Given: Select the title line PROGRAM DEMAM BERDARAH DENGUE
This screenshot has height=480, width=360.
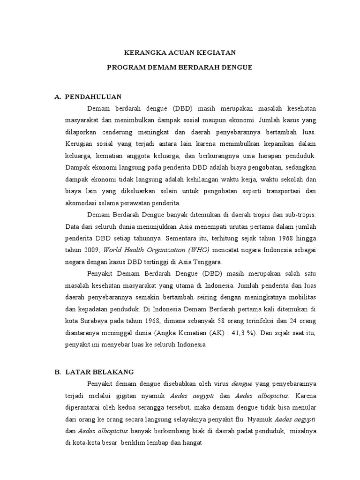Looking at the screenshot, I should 180,67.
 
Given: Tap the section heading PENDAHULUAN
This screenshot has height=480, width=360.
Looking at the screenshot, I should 93,97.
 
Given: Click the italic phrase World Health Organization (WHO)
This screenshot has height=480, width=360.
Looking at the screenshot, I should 157,249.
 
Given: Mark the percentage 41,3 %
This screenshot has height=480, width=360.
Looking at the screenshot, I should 259,333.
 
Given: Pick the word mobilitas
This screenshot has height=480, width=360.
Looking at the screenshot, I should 301,297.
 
